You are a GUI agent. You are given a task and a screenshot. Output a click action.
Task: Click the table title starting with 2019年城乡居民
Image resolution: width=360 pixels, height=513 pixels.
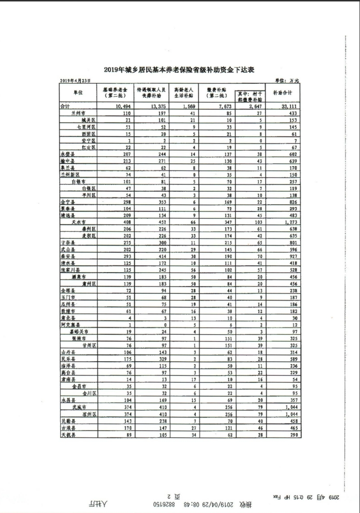180,70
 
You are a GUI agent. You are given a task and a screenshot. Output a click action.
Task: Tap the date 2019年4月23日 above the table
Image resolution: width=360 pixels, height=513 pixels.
75,80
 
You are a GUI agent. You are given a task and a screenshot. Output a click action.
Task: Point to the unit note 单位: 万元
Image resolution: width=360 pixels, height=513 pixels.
287,80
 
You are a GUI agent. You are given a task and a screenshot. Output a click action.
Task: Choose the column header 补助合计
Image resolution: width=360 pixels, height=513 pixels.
283,92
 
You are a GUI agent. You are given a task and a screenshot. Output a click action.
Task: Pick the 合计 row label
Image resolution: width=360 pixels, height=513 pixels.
65,106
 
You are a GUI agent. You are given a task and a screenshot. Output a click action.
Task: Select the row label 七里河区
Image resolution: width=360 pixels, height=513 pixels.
86,127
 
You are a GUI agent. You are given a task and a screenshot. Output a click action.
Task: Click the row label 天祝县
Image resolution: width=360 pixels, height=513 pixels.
67,435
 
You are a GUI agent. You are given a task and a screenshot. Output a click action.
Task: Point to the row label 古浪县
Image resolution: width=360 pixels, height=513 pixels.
67,428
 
